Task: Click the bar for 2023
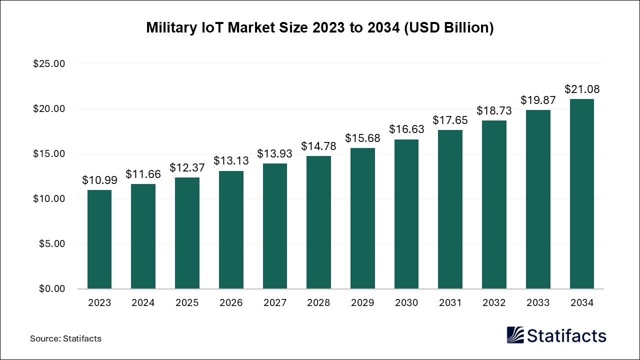point(99,239)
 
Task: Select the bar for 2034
point(582,194)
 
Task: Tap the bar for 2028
point(318,222)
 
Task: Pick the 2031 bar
point(450,209)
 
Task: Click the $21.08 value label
point(582,89)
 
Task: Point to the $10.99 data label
point(99,180)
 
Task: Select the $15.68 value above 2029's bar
point(362,138)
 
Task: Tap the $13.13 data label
point(231,161)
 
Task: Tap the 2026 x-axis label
point(231,303)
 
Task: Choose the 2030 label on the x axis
point(406,303)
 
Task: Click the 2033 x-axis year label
point(538,303)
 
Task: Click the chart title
point(320,28)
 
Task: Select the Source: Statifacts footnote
point(65,338)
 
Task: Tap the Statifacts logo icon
point(515,335)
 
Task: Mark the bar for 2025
point(187,233)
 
